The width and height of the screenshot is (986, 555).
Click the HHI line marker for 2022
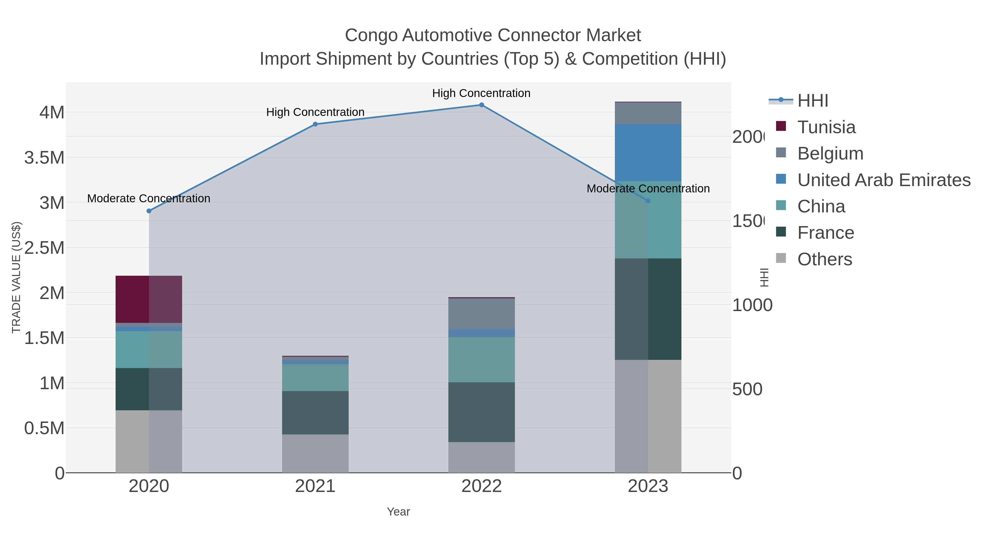tap(481, 105)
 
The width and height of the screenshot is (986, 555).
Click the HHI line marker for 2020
tap(149, 211)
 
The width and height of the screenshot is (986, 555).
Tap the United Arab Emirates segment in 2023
tap(648, 152)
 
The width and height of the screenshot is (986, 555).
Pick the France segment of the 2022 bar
tap(481, 412)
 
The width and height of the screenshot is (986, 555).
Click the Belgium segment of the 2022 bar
tap(481, 313)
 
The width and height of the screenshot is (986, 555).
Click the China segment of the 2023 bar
tap(648, 220)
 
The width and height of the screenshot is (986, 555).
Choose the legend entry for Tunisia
tap(826, 127)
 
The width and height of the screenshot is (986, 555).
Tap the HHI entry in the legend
tap(812, 101)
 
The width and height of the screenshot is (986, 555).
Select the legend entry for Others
tap(824, 259)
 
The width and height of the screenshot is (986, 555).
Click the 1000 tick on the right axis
tap(752, 305)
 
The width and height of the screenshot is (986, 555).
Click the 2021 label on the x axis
tap(315, 486)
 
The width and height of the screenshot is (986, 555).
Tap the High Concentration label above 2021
tap(315, 112)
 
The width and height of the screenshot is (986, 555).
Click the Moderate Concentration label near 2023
tap(648, 189)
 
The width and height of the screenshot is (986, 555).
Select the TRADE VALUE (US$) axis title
tap(16, 277)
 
